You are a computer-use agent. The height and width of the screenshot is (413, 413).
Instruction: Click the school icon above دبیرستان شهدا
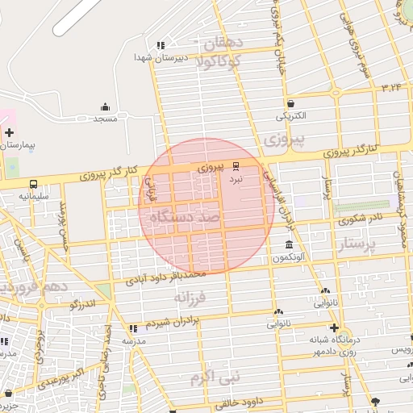pyautogui.click(x=161, y=45)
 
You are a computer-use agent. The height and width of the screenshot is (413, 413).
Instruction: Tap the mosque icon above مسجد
pyautogui.click(x=105, y=106)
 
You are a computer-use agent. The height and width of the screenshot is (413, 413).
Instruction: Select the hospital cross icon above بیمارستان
pyautogui.click(x=9, y=131)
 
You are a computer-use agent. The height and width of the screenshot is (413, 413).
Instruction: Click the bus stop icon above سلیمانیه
pyautogui.click(x=33, y=184)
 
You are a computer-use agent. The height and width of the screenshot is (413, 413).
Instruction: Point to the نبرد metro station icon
pyautogui.click(x=236, y=166)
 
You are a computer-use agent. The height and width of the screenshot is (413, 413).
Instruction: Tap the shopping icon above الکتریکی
pyautogui.click(x=290, y=103)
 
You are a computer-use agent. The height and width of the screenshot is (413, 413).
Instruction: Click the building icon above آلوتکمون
pyautogui.click(x=289, y=245)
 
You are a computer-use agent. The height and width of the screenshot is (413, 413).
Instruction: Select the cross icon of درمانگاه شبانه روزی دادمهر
pyautogui.click(x=333, y=327)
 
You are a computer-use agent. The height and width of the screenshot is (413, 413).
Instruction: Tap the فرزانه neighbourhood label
pyautogui.click(x=191, y=298)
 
